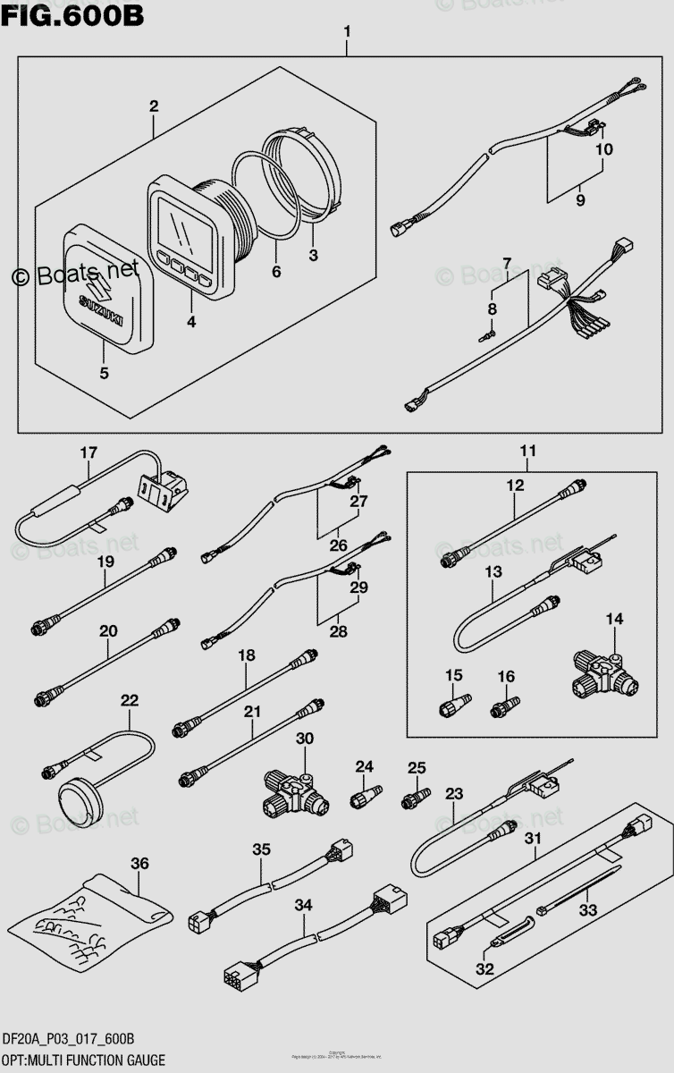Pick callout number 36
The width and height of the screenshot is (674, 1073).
139,863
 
